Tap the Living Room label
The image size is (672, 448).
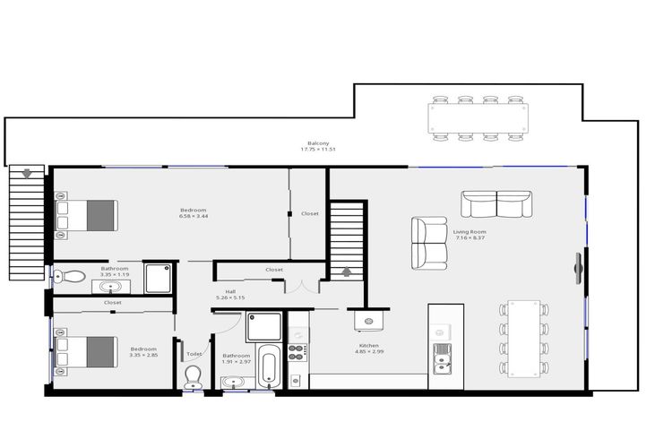[x=469, y=231]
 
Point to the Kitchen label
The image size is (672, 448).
[x=368, y=345]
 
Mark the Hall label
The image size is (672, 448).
[x=230, y=291]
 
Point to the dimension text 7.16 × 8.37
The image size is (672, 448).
[x=469, y=237]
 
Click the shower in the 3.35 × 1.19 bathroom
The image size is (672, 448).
[x=157, y=278]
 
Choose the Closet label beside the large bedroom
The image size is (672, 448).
[x=309, y=213]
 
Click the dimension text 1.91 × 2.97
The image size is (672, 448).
[x=237, y=361]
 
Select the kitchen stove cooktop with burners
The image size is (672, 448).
[x=296, y=349]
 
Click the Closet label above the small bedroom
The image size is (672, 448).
[x=113, y=303]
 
